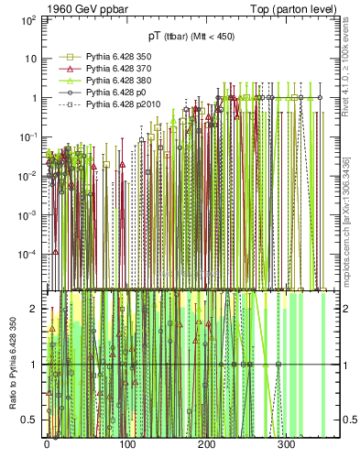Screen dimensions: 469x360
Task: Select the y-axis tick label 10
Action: [32, 59]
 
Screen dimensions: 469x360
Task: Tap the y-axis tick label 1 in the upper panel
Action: [35, 97]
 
